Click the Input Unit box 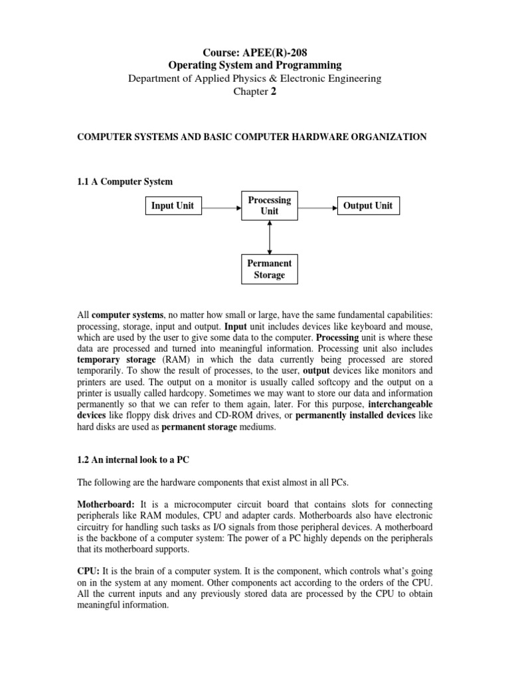click(173, 206)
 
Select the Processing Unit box click(270, 206)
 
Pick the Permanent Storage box click(270, 270)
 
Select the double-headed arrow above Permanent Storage click(270, 238)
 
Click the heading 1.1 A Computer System click(126, 181)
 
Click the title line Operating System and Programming click(255, 65)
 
